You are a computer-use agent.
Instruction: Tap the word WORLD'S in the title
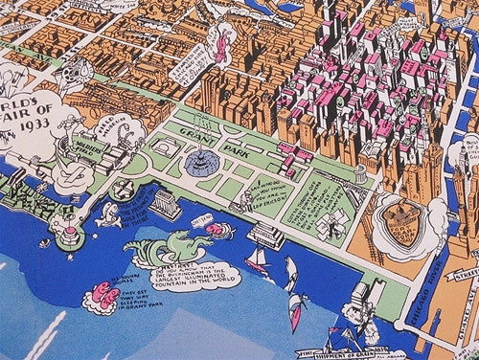(x=23, y=102)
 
